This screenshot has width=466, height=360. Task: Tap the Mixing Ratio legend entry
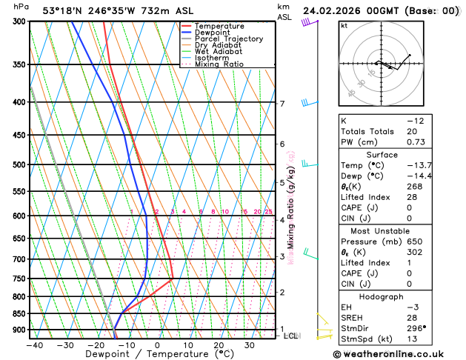click(219, 64)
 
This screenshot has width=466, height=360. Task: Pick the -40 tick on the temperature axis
click(34, 345)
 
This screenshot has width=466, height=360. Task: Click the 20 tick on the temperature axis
click(219, 345)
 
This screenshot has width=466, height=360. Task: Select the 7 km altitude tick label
click(282, 104)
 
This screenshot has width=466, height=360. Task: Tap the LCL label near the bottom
click(291, 336)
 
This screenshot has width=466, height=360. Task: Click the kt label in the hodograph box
click(344, 25)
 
